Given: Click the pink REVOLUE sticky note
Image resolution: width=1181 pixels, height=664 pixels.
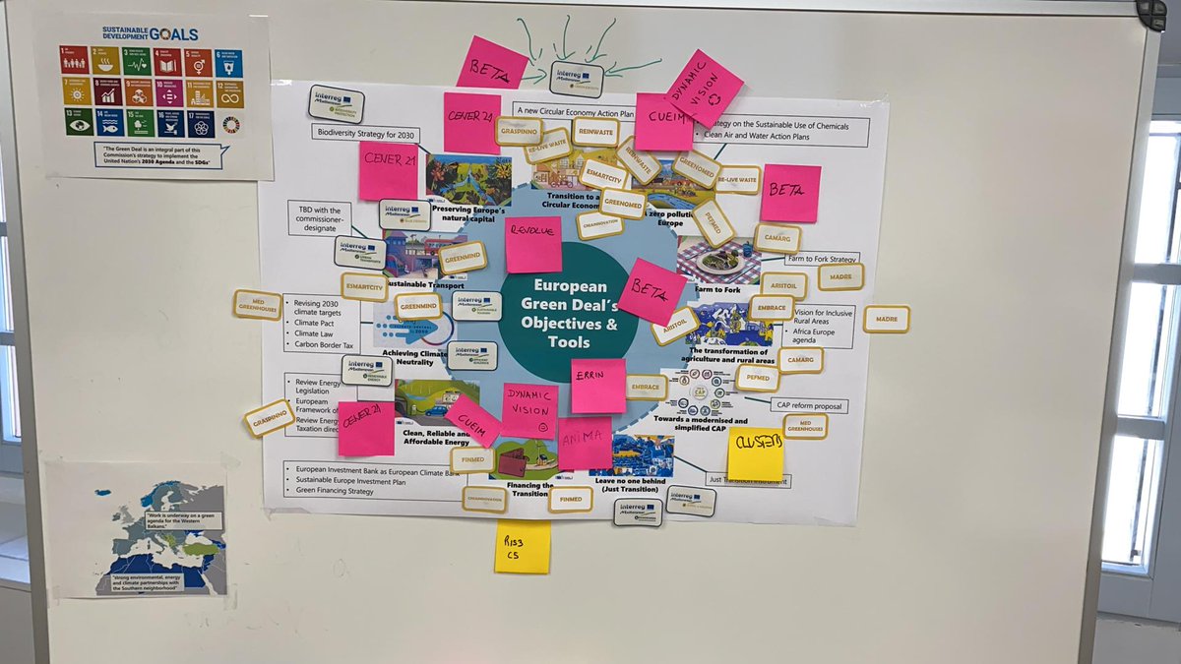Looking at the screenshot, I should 533,245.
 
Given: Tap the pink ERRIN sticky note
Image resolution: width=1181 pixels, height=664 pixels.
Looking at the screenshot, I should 598,386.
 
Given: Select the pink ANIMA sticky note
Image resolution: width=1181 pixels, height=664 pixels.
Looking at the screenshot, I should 585,444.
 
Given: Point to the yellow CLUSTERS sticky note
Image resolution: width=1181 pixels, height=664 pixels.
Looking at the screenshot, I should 756,453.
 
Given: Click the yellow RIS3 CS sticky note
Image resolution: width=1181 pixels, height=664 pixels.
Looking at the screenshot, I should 523,547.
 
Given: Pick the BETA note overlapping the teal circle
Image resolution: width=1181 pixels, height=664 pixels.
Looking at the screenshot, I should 652,291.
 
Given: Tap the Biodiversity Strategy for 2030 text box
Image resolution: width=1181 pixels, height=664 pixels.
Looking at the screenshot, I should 367,132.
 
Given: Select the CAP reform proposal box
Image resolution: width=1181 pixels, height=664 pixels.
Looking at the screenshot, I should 809,405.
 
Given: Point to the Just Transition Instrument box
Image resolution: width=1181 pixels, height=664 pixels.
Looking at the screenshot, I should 748,480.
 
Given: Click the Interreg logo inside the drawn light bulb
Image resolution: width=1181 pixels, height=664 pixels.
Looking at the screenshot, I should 577,78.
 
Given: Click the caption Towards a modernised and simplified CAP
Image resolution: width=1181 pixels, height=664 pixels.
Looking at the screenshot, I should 715,426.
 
